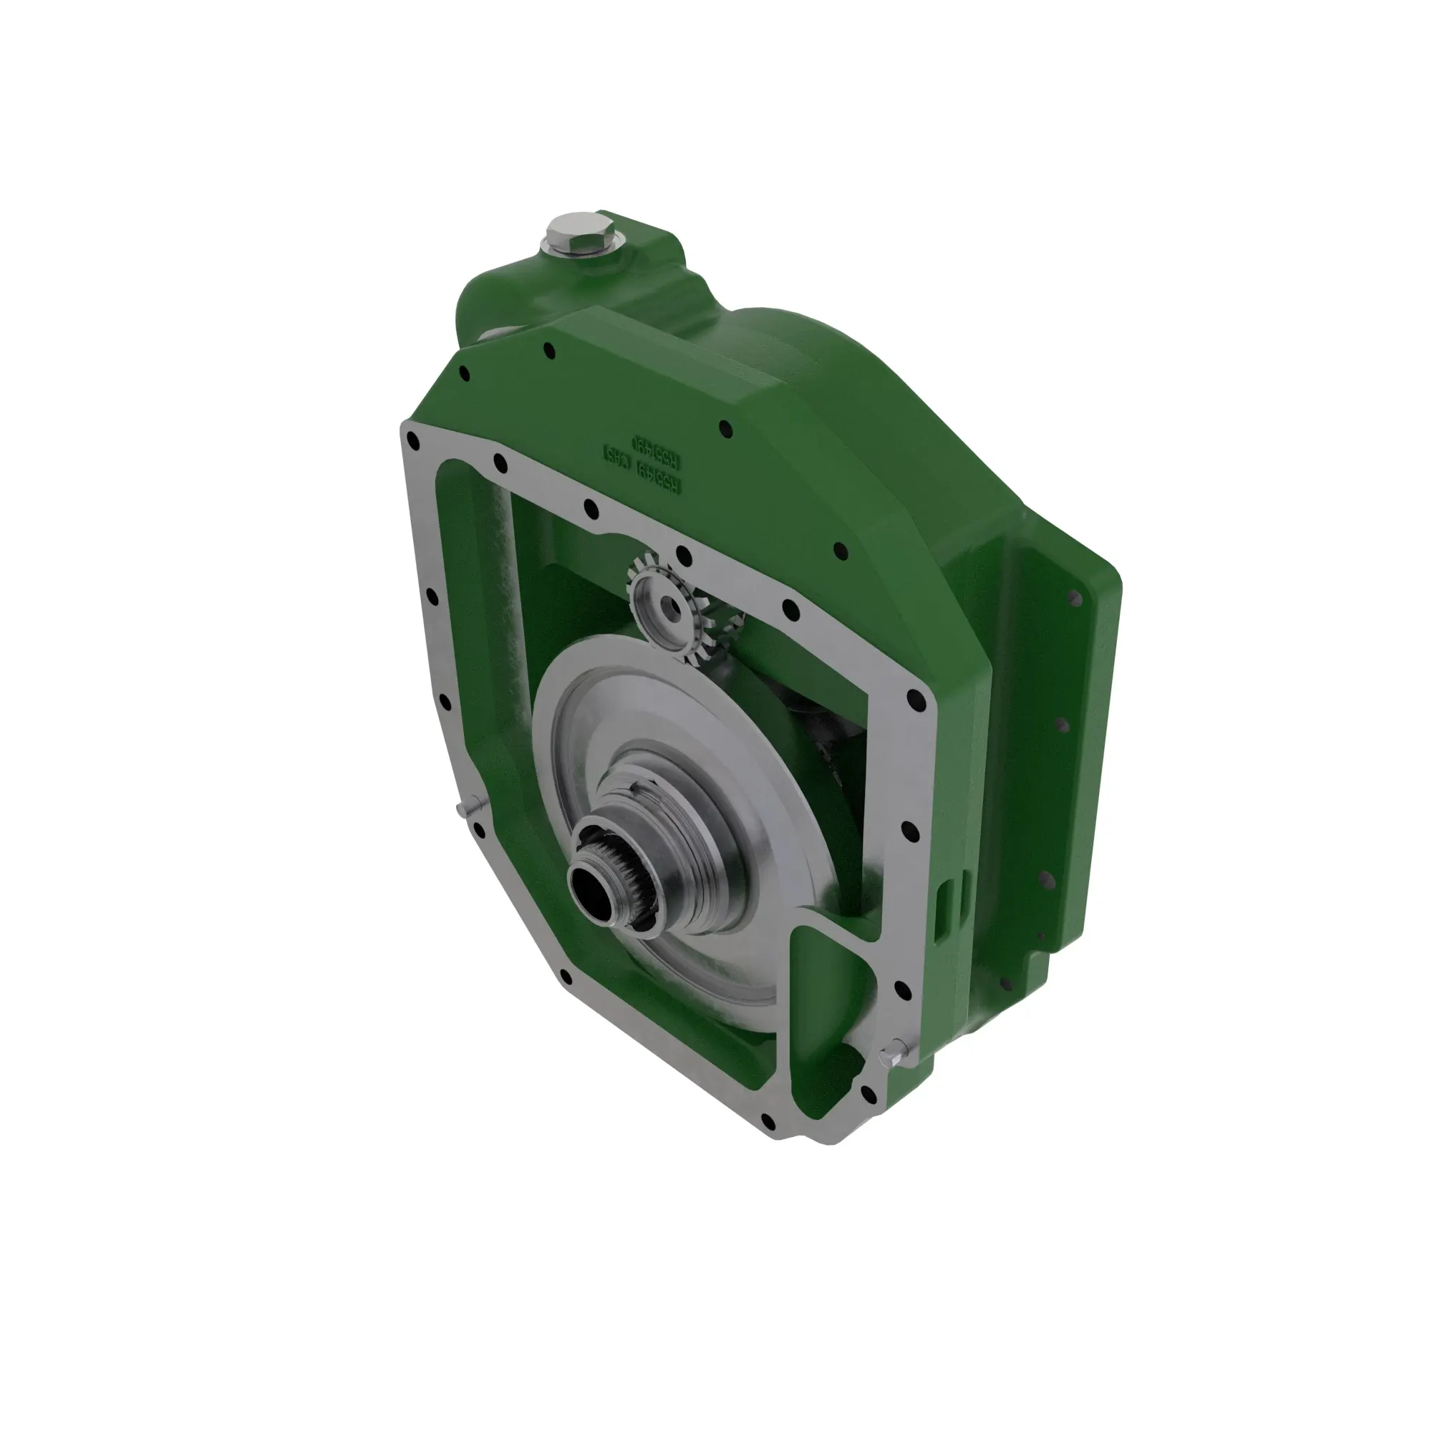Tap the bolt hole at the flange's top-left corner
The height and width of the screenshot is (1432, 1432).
(414, 442)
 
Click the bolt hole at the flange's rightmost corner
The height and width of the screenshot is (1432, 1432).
(914, 697)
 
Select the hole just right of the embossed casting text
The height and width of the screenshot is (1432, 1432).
(725, 427)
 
